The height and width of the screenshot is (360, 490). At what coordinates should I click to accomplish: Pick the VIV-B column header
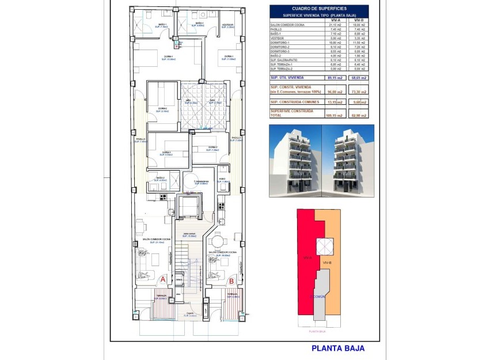pyautogui.click(x=358, y=20)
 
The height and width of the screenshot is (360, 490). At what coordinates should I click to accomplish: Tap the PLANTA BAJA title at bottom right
pyautogui.click(x=337, y=348)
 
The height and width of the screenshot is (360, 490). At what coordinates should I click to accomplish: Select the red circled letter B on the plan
pyautogui.click(x=231, y=281)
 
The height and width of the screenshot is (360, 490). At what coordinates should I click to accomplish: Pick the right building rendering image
pyautogui.click(x=348, y=161)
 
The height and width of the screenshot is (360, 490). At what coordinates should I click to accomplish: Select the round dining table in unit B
pyautogui.click(x=218, y=241)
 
